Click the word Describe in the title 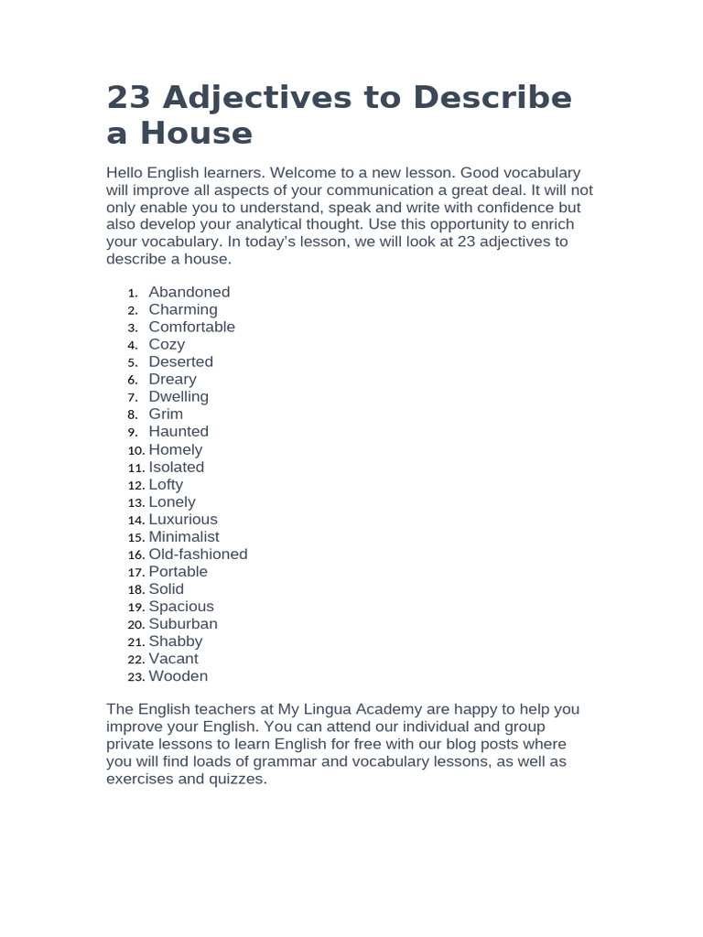[x=492, y=98]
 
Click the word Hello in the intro [x=126, y=173]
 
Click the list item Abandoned [x=189, y=292]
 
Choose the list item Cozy [x=167, y=344]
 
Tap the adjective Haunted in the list [x=178, y=431]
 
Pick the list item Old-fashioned [x=198, y=554]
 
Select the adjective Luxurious [x=183, y=519]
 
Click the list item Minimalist [x=184, y=536]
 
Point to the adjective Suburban [x=183, y=623]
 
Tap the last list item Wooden [x=178, y=676]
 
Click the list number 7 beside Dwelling [x=133, y=397]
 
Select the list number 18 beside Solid [x=135, y=589]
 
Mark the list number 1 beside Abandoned [x=133, y=293]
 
